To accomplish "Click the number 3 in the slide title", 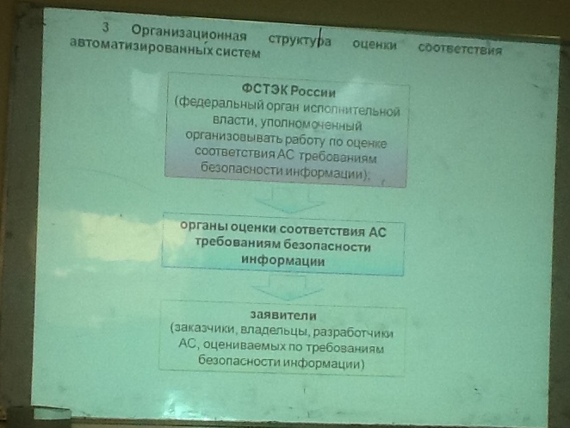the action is click(105, 28).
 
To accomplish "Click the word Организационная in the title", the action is click(189, 34).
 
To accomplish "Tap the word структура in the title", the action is click(300, 40).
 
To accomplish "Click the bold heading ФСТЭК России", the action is click(288, 90).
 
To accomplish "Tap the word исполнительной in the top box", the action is click(351, 109).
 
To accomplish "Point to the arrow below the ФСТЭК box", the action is click(289, 199).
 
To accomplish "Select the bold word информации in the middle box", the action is click(282, 260).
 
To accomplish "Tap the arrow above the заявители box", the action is click(288, 288).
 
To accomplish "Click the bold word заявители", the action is click(283, 315).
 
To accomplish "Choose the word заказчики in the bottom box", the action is click(203, 328).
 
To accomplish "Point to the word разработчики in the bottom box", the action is click(353, 332).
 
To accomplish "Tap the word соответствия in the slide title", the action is click(460, 48).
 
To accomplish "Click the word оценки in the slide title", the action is click(375, 45).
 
